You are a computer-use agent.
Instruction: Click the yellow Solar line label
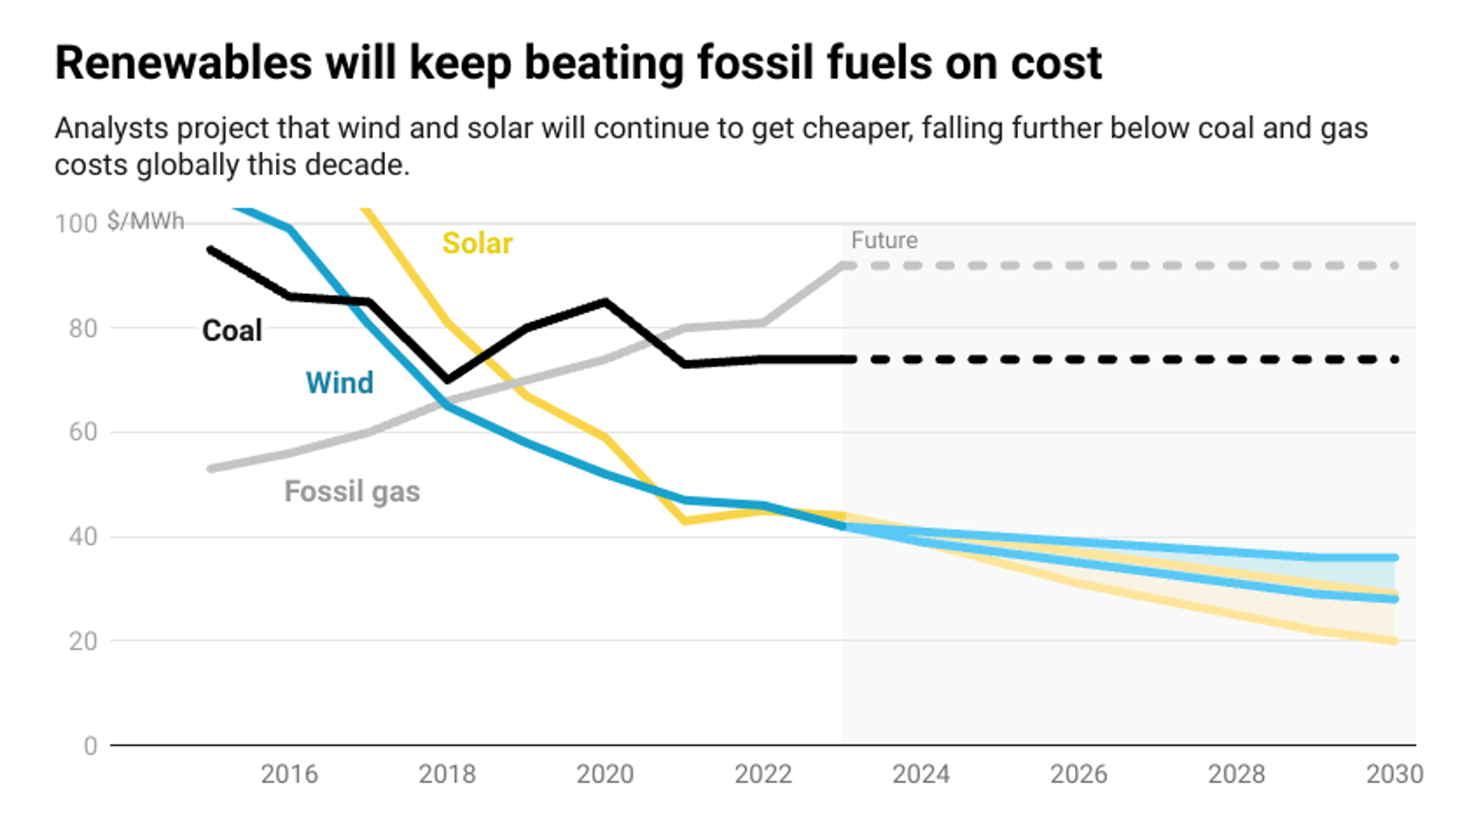pos(478,243)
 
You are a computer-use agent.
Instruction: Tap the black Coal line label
pos(232,331)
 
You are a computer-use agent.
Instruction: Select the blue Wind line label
pos(340,383)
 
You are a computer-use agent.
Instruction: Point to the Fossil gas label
pos(352,492)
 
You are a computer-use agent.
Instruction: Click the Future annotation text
pos(885,240)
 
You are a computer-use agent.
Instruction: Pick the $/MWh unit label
pos(146,221)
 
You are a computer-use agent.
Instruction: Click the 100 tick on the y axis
pos(76,224)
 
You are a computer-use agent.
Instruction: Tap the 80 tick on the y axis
pos(83,328)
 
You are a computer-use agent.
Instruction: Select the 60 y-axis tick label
pos(83,432)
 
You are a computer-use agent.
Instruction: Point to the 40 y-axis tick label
pos(83,537)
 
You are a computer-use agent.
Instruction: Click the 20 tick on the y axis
pos(83,642)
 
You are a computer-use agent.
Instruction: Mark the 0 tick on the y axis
pos(90,746)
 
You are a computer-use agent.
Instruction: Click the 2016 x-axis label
pos(290,774)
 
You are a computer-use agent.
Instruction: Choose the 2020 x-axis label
pos(605,774)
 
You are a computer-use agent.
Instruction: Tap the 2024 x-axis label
pos(921,774)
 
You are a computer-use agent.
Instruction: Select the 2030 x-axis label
pos(1394,774)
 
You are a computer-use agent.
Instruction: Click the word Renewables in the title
pos(184,63)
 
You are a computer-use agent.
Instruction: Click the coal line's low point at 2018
pos(447,380)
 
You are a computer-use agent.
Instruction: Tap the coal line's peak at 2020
pos(605,301)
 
